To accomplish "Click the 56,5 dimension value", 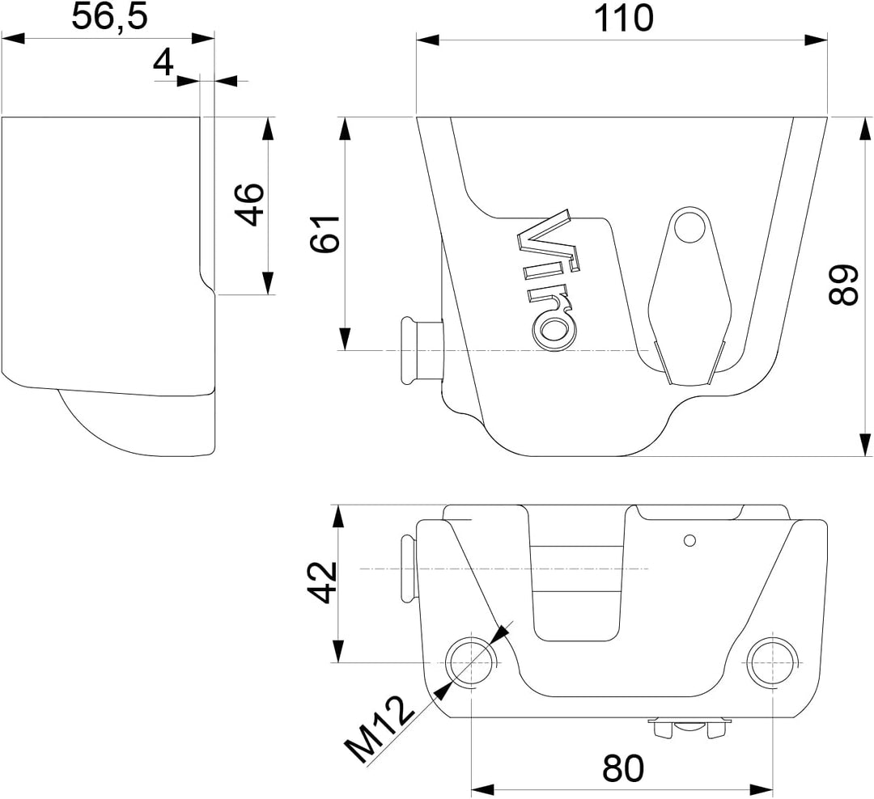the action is pyautogui.click(x=110, y=17).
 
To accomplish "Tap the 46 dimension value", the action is pyautogui.click(x=248, y=204).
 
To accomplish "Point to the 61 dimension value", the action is pyautogui.click(x=325, y=234).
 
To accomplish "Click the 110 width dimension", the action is pyautogui.click(x=622, y=18).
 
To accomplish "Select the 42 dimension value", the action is pyautogui.click(x=323, y=583).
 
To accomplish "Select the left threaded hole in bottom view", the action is pyautogui.click(x=472, y=662).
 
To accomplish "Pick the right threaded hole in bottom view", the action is pyautogui.click(x=773, y=662).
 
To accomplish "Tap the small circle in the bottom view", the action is pyautogui.click(x=690, y=540).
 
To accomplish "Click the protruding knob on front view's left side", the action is pyautogui.click(x=422, y=350).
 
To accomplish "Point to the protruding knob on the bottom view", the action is pyautogui.click(x=409, y=569).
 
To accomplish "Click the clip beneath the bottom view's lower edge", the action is pyautogui.click(x=689, y=728).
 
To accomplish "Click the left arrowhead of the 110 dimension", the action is pyautogui.click(x=427, y=40).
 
